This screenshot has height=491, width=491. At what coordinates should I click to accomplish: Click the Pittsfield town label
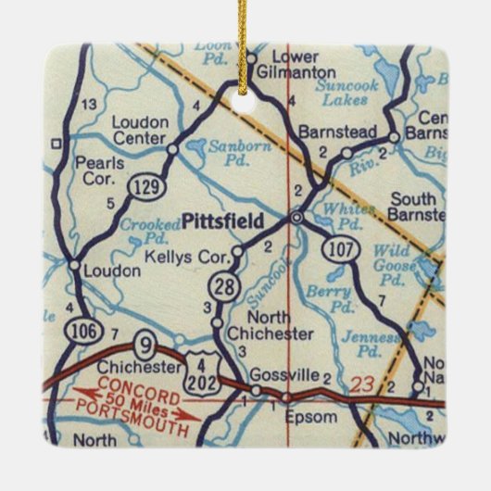tap(223, 220)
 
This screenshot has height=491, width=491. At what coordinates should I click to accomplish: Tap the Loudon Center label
tap(140, 129)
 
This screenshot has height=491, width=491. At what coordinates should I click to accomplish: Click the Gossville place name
tap(290, 374)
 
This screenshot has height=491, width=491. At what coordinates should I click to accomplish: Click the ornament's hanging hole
tap(245, 100)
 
